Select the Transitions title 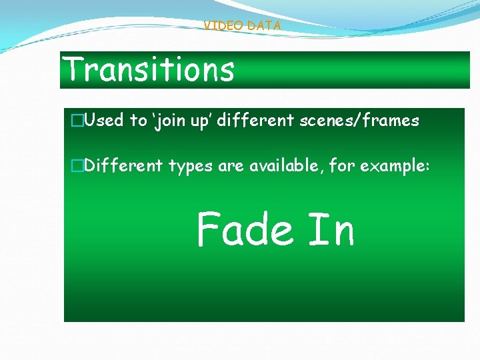click(148, 69)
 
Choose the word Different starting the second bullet click(124, 165)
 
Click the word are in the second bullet click(231, 166)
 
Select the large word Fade click(245, 229)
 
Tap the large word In click(331, 229)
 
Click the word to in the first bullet click(138, 121)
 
